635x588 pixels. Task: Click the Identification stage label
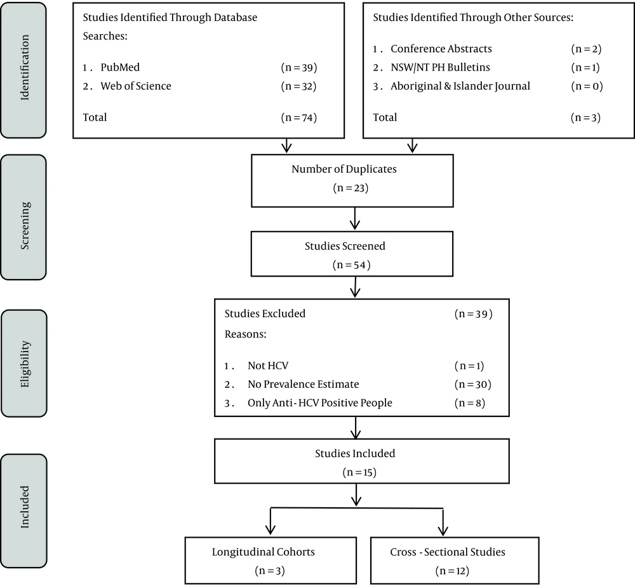click(x=25, y=67)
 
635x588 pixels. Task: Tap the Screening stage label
click(x=25, y=226)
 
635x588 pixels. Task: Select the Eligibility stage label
click(x=25, y=364)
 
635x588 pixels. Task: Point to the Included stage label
click(x=25, y=507)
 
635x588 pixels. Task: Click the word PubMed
click(x=120, y=67)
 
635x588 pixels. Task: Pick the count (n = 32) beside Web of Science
click(x=299, y=86)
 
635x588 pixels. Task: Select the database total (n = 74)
click(x=299, y=117)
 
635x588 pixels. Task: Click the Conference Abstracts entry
click(x=441, y=49)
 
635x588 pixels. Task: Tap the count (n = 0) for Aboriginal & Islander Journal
click(x=587, y=86)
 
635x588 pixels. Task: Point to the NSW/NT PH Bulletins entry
click(x=440, y=67)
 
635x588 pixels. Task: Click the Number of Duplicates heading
click(x=344, y=169)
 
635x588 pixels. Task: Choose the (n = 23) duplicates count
click(x=351, y=188)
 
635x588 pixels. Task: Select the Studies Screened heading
click(x=345, y=246)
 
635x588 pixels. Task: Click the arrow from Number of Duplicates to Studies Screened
click(x=355, y=218)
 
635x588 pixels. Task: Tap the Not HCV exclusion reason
click(x=268, y=366)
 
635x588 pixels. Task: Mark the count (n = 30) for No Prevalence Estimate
click(x=473, y=384)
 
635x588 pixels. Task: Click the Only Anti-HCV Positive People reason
click(x=320, y=402)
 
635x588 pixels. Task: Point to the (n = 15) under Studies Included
click(x=359, y=472)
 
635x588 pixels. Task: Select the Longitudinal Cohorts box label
click(x=264, y=552)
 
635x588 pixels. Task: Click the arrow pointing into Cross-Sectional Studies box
click(x=443, y=523)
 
